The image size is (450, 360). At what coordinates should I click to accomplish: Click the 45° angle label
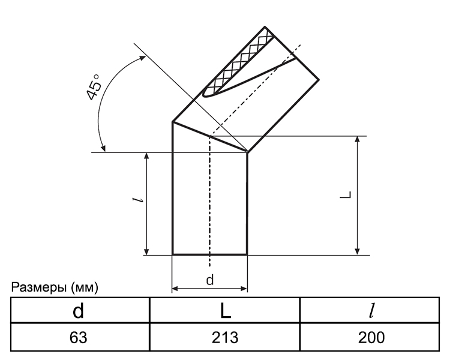click(94, 87)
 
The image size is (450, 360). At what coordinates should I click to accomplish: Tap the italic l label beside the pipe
click(138, 200)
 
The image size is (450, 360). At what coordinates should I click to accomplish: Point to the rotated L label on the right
click(346, 194)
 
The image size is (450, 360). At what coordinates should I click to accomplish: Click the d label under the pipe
click(210, 280)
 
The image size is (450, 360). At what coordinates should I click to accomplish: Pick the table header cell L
click(226, 311)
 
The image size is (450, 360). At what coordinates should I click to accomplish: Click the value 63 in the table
click(79, 337)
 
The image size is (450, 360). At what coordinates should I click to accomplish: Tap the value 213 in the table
click(225, 337)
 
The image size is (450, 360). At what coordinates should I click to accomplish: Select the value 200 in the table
click(371, 337)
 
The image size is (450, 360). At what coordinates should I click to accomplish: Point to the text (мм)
click(85, 287)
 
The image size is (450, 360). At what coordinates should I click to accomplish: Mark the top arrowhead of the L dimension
click(358, 139)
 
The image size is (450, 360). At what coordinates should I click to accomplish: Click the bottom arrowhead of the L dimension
click(358, 251)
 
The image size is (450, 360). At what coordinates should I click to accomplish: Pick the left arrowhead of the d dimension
click(175, 289)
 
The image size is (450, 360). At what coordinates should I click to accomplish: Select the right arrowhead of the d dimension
click(244, 289)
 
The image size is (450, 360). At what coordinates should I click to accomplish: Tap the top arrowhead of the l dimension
click(146, 156)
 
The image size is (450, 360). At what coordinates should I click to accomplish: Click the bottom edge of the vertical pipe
click(210, 254)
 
